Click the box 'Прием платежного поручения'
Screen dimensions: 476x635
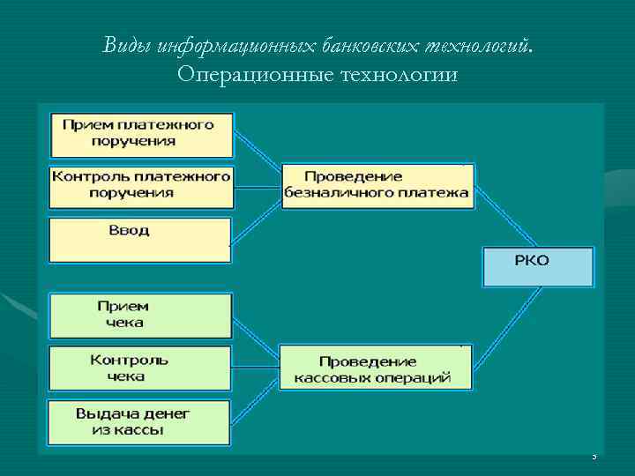pyautogui.click(x=141, y=133)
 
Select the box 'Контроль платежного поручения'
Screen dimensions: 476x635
pyautogui.click(x=141, y=184)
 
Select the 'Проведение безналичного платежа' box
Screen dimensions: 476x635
pyautogui.click(x=377, y=185)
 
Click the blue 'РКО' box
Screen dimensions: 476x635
pyautogui.click(x=538, y=266)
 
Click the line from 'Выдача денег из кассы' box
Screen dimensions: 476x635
pyautogui.click(x=256, y=396)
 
